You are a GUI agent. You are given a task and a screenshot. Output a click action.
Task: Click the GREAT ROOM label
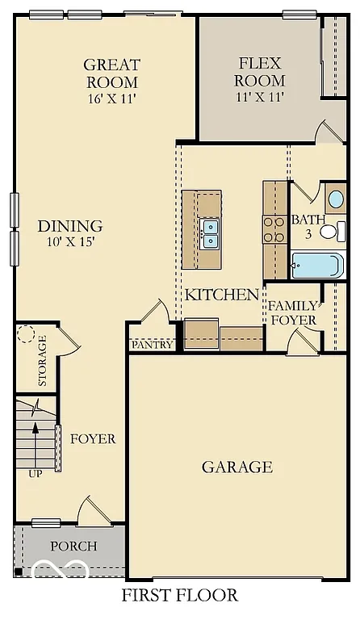111,73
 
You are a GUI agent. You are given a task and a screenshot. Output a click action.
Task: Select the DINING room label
70,226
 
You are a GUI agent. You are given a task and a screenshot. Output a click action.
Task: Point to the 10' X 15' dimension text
70,243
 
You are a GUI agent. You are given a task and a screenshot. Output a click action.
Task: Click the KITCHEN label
222,295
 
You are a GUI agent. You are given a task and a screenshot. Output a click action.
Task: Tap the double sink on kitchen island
210,233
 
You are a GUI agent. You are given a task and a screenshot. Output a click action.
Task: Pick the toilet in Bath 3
329,232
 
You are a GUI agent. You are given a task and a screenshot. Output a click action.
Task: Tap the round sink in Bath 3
334,199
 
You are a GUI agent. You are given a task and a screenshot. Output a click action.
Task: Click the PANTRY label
153,345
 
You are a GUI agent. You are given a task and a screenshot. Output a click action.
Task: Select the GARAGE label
237,467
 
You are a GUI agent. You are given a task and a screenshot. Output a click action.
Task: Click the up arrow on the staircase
36,436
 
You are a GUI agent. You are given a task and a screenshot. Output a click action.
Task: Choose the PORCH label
73,547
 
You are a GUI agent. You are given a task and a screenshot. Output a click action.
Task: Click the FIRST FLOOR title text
180,596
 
